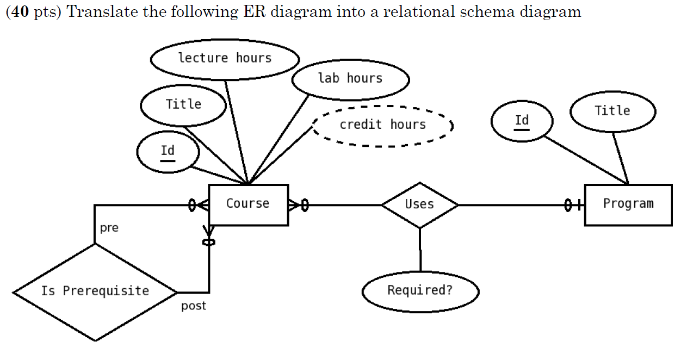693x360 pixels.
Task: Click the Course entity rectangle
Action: [248, 204]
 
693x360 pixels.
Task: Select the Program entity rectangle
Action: [628, 204]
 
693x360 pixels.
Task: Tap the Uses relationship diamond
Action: [419, 205]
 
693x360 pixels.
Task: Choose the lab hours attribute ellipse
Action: [350, 79]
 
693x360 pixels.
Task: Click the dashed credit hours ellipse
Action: [382, 126]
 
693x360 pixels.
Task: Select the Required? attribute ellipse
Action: [420, 291]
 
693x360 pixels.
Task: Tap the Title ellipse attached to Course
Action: [183, 105]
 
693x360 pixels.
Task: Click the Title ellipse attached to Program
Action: [612, 111]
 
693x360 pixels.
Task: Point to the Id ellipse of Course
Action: [168, 152]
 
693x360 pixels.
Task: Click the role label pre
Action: [109, 228]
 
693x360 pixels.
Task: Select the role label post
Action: [194, 306]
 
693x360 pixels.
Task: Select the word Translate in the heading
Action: [95, 12]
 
